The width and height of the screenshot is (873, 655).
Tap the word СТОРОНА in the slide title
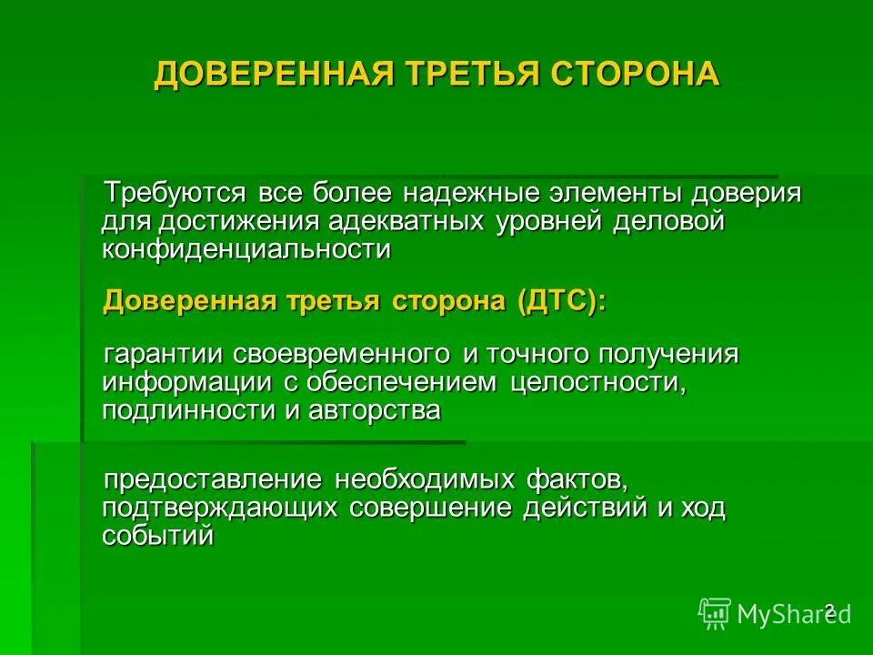pyautogui.click(x=633, y=74)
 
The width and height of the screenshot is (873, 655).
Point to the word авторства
pyautogui.click(x=375, y=410)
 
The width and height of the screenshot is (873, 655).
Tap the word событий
pyautogui.click(x=157, y=536)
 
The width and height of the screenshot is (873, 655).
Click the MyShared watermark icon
pyautogui.click(x=715, y=613)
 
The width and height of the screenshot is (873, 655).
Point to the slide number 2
pyautogui.click(x=828, y=610)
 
